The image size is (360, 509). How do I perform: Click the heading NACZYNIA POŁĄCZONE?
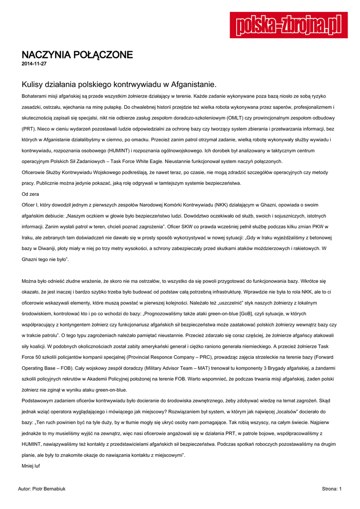pyautogui.click(x=77, y=55)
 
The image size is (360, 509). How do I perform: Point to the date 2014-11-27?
pyautogui.click(x=34, y=64)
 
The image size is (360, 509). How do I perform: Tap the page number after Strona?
pyautogui.click(x=340, y=489)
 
